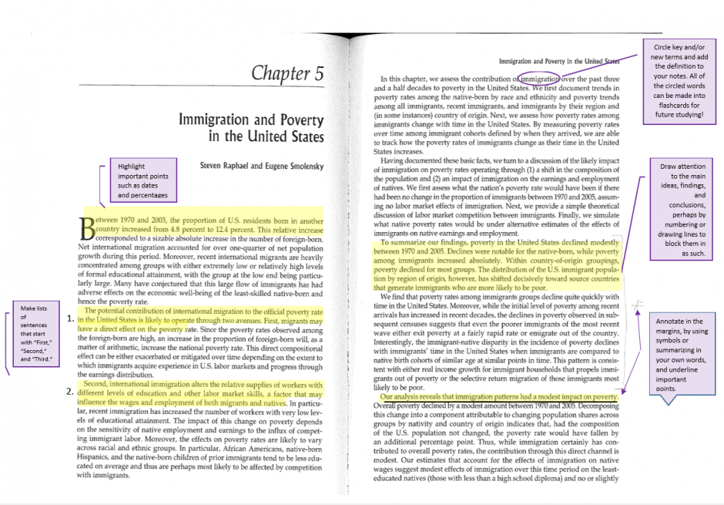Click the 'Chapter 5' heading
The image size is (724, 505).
pos(287,75)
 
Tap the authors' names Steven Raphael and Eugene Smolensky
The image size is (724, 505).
pos(262,166)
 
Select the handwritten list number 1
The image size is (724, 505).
pos(70,318)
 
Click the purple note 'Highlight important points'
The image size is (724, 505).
pos(141,180)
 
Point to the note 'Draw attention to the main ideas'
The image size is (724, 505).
pos(683,209)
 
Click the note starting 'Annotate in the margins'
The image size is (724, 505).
pos(683,354)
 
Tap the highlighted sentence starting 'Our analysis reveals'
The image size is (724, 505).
pos(500,397)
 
